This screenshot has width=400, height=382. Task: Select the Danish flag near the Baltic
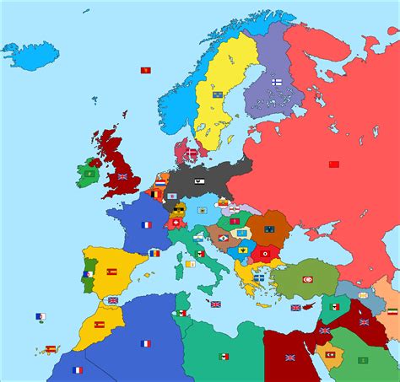(x=192, y=153)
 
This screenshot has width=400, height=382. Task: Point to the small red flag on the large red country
(x=332, y=163)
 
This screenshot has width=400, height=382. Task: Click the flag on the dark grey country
(x=197, y=179)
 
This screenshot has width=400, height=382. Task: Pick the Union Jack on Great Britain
(x=122, y=177)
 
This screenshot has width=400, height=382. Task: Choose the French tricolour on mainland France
(x=146, y=225)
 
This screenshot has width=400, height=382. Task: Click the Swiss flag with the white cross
(x=176, y=223)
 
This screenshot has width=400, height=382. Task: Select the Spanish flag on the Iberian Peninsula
(x=111, y=272)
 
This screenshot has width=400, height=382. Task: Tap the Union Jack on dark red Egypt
(x=289, y=357)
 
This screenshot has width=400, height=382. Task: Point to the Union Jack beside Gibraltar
(x=112, y=300)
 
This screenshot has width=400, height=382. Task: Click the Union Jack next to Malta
(x=215, y=304)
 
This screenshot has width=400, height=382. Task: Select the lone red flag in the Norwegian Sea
(x=145, y=70)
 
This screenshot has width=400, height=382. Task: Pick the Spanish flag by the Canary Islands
(x=50, y=348)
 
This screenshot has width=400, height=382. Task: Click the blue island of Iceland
(x=34, y=54)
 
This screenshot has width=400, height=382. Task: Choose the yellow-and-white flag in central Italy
(x=190, y=263)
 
